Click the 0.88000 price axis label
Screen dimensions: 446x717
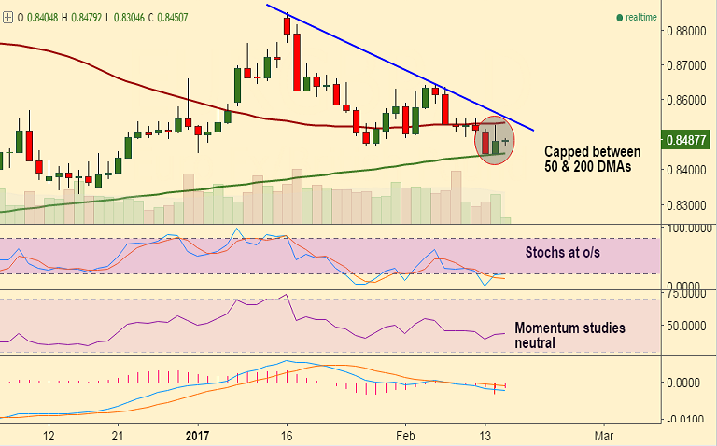pos(687,31)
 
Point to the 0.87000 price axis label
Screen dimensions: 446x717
pos(687,65)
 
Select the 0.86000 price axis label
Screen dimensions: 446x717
pos(687,100)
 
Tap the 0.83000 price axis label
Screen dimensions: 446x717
pos(687,204)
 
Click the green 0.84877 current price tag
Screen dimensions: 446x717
pos(687,140)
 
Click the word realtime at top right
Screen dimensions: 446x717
pos(641,17)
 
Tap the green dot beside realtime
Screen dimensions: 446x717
pos(618,17)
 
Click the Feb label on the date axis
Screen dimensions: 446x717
pos(405,436)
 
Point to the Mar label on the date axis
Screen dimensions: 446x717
pos(603,436)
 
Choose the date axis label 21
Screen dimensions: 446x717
pos(118,436)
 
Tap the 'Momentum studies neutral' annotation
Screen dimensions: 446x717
pos(569,335)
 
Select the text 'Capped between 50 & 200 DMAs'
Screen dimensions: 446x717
pos(592,159)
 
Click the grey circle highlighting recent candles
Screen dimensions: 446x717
pos(495,141)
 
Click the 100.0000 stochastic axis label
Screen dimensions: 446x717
pos(686,228)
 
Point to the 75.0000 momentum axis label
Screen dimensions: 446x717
pos(686,293)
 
